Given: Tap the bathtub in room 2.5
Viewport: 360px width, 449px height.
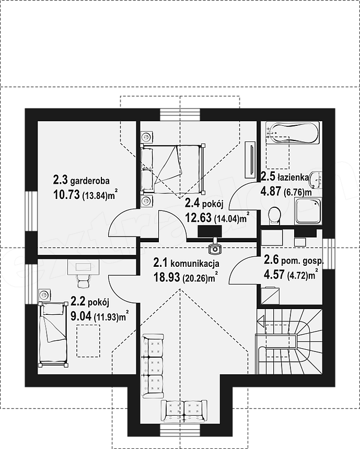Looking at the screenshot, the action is click(x=292, y=133).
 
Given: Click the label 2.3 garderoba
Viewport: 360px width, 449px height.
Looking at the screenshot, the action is click(x=81, y=181).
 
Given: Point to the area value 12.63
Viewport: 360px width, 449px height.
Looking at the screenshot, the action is click(x=199, y=218).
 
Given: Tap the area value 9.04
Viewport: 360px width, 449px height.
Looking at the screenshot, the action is click(x=81, y=316).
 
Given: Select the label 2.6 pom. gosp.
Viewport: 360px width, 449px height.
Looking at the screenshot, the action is click(x=294, y=261).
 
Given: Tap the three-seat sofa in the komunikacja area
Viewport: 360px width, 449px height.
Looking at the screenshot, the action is click(x=153, y=366).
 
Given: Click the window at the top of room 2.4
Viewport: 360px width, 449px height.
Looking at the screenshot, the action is click(x=180, y=115).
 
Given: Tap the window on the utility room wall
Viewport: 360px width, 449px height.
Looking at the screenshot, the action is click(x=329, y=254).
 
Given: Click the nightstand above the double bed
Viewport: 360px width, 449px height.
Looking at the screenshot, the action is click(x=147, y=137).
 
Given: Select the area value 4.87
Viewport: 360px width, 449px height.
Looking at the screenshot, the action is click(x=271, y=191).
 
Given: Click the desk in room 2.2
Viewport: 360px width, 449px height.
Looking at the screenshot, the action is click(x=83, y=267).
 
